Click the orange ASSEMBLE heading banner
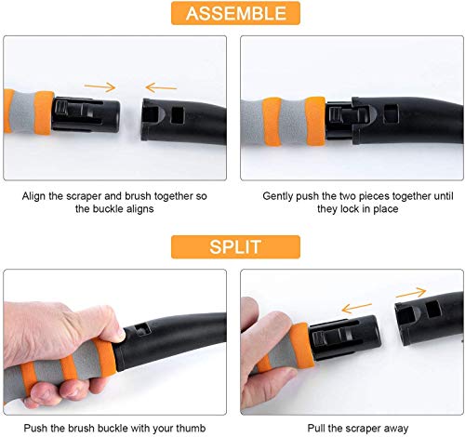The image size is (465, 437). (x=235, y=13)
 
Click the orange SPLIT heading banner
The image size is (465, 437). (x=235, y=246)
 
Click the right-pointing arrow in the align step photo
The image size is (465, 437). (x=100, y=87)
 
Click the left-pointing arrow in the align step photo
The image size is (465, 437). (x=161, y=87)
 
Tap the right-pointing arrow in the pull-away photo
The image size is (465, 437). (x=411, y=293)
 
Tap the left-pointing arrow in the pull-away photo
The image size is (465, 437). (x=356, y=308)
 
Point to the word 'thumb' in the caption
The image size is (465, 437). (x=191, y=429)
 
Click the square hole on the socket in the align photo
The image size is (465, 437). (x=178, y=115)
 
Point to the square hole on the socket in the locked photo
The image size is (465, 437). (x=391, y=113)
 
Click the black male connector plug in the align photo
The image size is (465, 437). (x=86, y=114)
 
